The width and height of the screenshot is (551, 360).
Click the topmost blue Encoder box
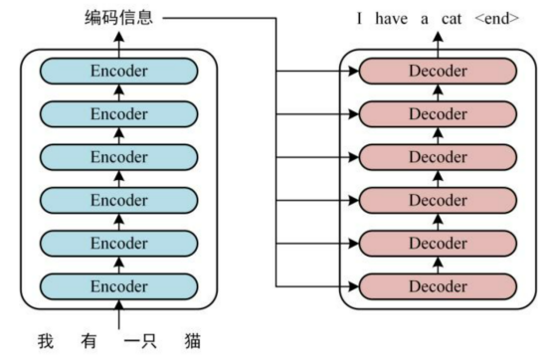point(119,71)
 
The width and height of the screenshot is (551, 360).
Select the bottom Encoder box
point(119,287)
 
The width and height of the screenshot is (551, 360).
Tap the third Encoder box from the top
point(119,157)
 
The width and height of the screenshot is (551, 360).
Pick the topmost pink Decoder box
point(438,71)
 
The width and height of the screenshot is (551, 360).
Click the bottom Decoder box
point(438,287)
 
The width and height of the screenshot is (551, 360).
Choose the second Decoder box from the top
point(438,113)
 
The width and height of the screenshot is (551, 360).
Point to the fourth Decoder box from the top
point(438,200)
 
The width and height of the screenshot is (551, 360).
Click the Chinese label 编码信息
point(119,18)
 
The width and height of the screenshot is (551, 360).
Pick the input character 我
point(46,342)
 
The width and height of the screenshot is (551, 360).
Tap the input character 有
point(92,342)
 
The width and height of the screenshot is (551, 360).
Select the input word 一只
point(146,342)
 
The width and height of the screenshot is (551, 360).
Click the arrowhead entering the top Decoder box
point(352,71)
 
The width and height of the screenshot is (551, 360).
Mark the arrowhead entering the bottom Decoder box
point(352,287)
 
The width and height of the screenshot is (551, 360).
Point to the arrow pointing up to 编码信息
point(119,38)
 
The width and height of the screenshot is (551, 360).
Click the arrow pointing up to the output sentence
point(438,38)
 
